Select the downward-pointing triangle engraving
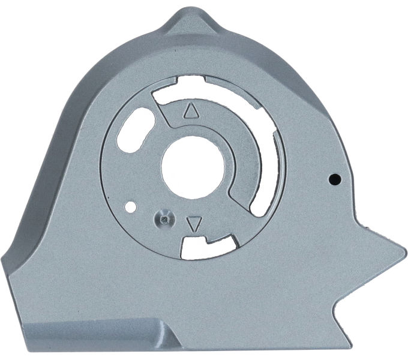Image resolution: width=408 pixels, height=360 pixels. tap(193, 224)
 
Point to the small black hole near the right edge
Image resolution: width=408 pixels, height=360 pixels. tap(336, 178)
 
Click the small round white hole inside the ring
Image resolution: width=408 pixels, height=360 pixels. tap(129, 208)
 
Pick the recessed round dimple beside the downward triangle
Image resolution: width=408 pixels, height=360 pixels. tap(164, 218)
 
